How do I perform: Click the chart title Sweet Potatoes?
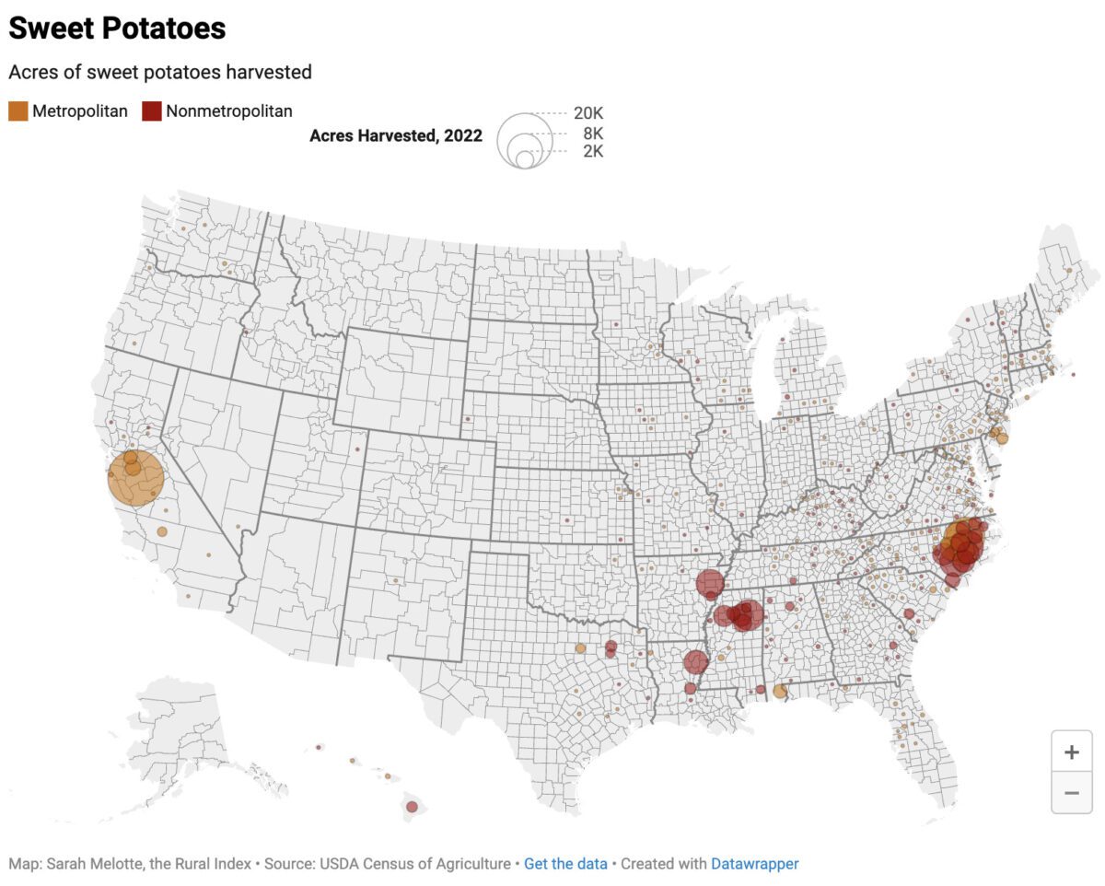(117, 29)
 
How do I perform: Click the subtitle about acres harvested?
(160, 72)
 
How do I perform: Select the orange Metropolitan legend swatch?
(18, 111)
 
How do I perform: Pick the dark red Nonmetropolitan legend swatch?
(152, 111)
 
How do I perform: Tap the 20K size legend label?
(588, 113)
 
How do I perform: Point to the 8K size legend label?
(593, 134)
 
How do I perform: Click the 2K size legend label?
(593, 151)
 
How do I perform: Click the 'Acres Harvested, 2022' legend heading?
(396, 135)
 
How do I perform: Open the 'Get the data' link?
(565, 864)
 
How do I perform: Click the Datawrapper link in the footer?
(754, 864)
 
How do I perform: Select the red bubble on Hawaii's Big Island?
(412, 807)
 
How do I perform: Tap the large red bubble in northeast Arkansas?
(709, 582)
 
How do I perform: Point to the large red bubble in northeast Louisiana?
(696, 661)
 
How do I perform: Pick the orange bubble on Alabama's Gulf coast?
(780, 691)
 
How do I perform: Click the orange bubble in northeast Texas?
(580, 648)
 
